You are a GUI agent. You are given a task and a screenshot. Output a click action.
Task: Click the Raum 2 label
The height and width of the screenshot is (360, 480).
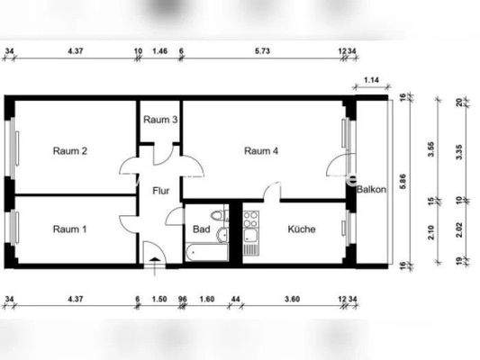tap(69, 150)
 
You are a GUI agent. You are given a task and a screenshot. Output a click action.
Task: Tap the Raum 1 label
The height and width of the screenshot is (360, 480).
tap(69, 229)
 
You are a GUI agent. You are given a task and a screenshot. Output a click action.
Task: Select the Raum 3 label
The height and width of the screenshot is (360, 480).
tap(160, 120)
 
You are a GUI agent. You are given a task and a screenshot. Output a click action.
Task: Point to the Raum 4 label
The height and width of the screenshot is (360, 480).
tap(261, 150)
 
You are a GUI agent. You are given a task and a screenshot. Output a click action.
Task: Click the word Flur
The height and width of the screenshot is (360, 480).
tap(161, 191)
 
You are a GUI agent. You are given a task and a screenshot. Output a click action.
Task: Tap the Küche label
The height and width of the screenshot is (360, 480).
tap(301, 229)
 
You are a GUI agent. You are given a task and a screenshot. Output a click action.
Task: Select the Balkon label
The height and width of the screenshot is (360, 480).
tap(372, 191)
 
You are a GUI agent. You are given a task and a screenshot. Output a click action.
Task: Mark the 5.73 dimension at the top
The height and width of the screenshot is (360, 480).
tap(262, 52)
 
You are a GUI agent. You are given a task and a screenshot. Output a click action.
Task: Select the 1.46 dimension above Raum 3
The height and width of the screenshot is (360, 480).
tap(160, 52)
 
